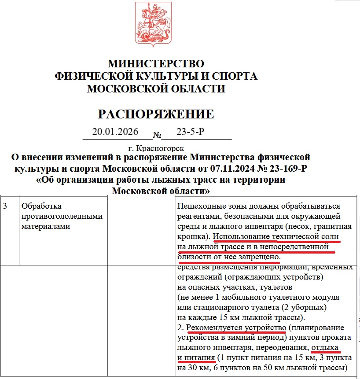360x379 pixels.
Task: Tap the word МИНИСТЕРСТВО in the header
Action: (156, 64)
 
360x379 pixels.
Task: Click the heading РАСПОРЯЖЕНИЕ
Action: (156, 114)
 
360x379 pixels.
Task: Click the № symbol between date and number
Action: (157, 135)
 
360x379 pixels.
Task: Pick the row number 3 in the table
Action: (5, 206)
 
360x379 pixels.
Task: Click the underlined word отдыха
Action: (325, 348)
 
